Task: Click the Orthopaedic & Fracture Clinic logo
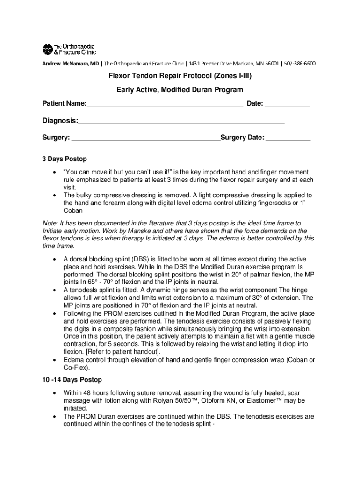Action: click(x=69, y=49)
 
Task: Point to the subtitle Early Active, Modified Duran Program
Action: click(x=180, y=89)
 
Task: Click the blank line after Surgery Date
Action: click(x=288, y=138)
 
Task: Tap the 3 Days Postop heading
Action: click(x=65, y=159)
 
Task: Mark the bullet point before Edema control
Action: click(x=55, y=360)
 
